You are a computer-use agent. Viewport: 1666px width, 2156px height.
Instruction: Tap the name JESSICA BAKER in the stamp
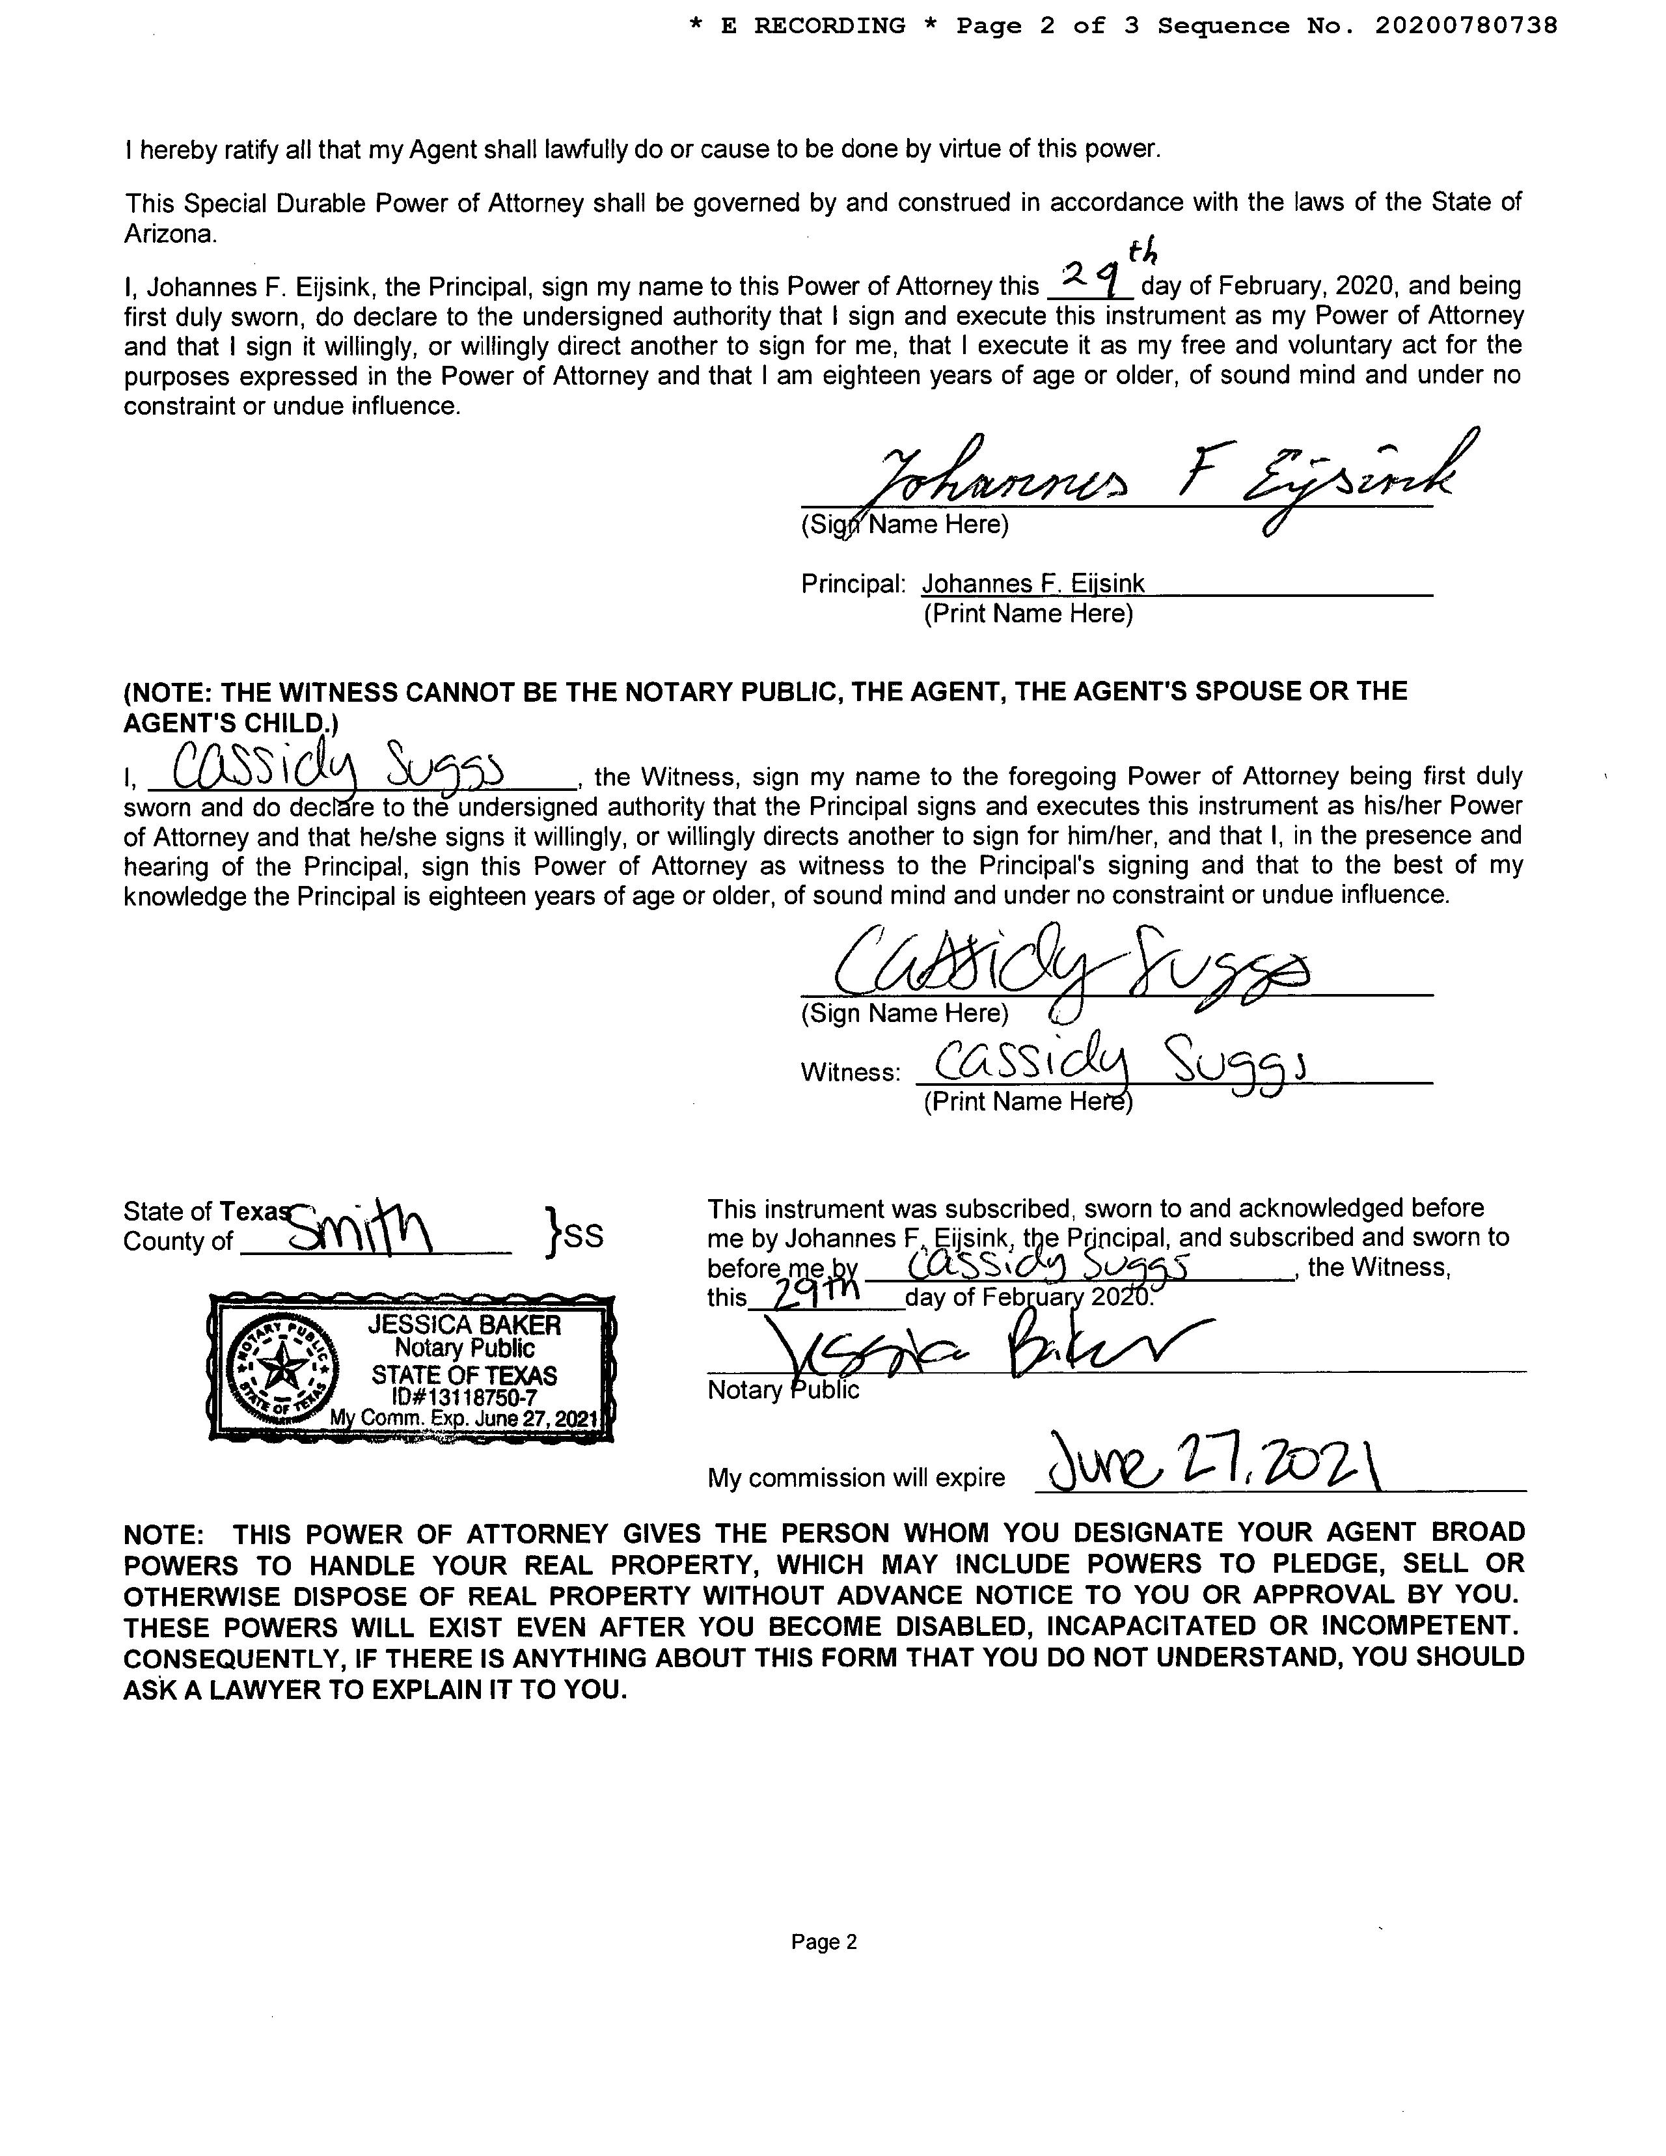click(x=464, y=1325)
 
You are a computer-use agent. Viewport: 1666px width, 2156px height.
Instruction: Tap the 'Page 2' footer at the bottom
click(x=824, y=1942)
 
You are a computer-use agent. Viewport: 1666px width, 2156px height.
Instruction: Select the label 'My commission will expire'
click(x=856, y=1478)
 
